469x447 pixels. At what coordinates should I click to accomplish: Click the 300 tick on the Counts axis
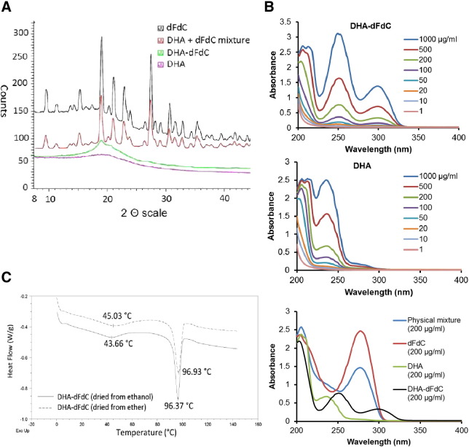point(32,32)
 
